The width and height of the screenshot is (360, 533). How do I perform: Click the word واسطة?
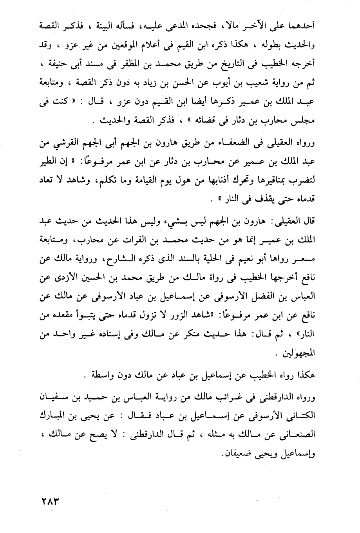pos(98,377)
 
